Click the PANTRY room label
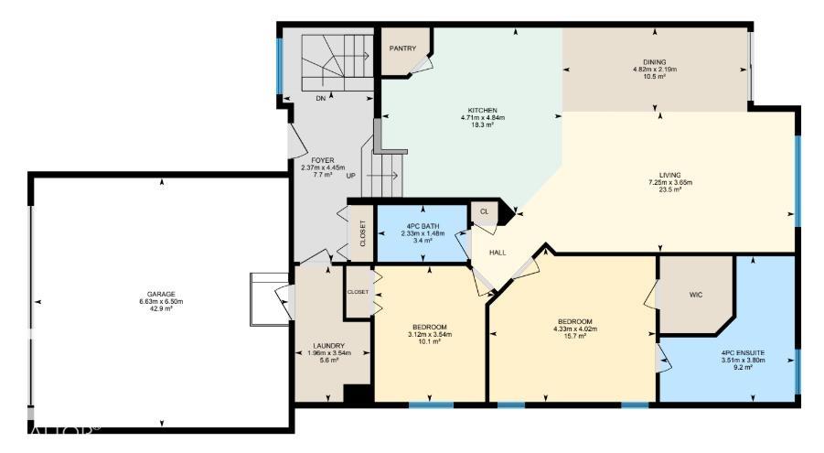coord(402,49)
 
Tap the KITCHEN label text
coord(481,110)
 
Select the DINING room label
coord(654,62)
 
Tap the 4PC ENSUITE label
coord(742,352)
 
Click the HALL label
coord(497,252)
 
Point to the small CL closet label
coord(484,211)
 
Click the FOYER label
coord(322,160)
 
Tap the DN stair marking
coord(320,98)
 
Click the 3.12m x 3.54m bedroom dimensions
coord(428,335)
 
